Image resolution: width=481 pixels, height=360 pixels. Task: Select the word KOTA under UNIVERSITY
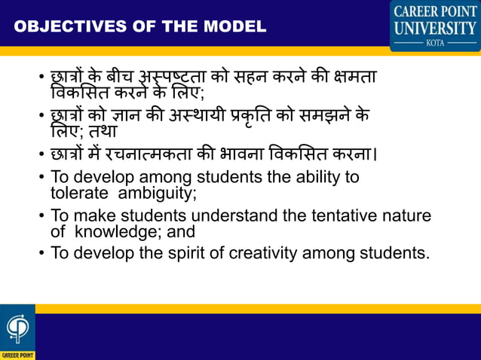click(x=434, y=44)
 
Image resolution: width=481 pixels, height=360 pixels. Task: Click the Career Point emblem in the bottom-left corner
click(x=17, y=329)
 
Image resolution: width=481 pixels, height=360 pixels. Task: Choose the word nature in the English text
click(x=406, y=216)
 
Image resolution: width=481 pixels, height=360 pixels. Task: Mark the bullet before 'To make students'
click(x=42, y=217)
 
